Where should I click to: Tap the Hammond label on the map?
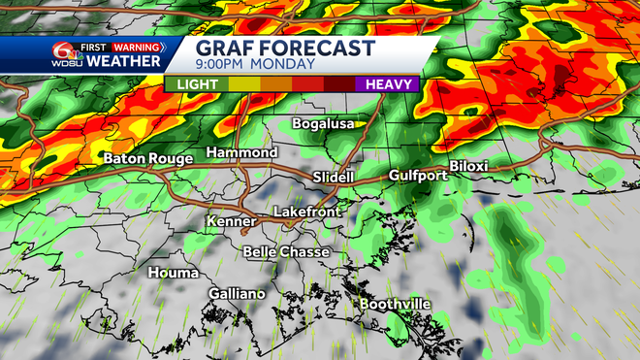point(241,153)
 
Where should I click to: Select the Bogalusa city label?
point(324,124)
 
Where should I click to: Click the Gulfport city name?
point(417,176)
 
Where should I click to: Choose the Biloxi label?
point(468,166)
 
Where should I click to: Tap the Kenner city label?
point(231,222)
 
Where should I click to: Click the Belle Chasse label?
point(286,251)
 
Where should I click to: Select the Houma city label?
point(173,273)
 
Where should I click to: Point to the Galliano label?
point(237,294)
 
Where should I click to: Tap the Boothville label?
point(396,304)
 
